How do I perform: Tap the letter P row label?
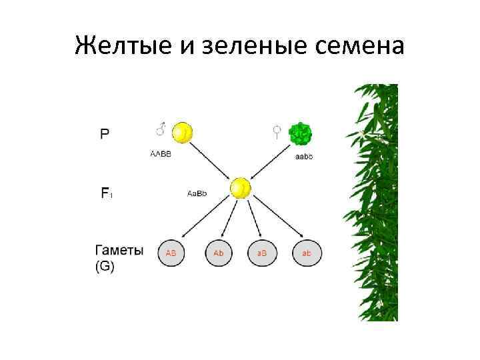click(x=105, y=133)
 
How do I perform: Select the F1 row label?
click(x=106, y=193)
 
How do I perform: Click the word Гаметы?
click(x=119, y=251)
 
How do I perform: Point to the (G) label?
click(x=105, y=266)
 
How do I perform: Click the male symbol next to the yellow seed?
click(x=161, y=129)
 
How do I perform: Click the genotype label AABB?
click(x=161, y=154)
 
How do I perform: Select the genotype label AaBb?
click(x=197, y=193)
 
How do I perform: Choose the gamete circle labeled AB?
click(x=171, y=253)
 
